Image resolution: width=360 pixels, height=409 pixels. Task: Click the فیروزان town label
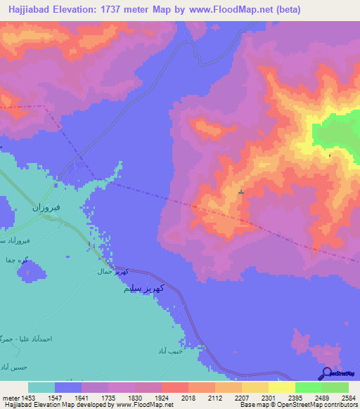click(42, 208)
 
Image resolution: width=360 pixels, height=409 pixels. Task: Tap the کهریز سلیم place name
click(143, 289)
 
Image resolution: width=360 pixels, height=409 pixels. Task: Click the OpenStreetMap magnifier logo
click(326, 374)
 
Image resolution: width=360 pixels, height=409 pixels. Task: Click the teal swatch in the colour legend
click(41, 387)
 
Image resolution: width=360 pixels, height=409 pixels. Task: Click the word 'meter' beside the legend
click(8, 397)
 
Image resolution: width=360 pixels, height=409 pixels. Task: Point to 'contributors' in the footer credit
click(340, 405)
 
